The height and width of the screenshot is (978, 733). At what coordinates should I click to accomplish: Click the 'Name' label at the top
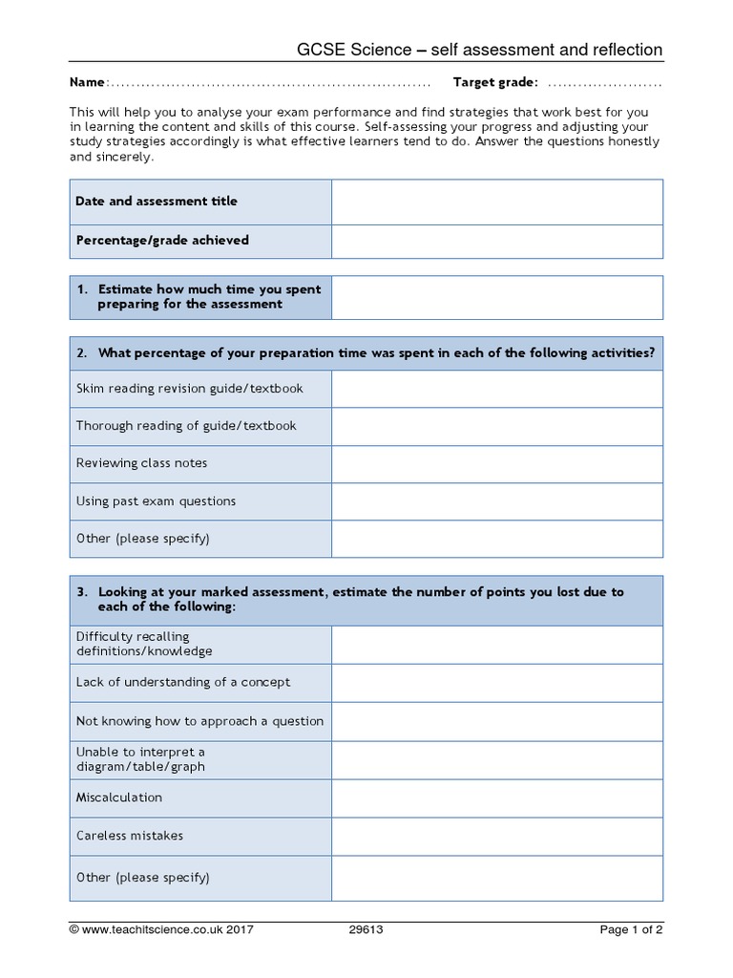pos(89,83)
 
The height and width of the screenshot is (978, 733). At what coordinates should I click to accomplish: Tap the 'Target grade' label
pos(495,83)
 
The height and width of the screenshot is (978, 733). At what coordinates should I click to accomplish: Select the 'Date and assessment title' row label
pos(157,202)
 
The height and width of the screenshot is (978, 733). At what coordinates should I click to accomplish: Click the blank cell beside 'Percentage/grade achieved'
pos(496,241)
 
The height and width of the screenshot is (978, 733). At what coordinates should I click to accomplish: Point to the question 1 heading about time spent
pos(200,296)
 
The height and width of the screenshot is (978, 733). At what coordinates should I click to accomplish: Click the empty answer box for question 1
pos(496,297)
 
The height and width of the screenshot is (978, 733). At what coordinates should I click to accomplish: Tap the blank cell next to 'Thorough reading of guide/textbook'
pos(496,426)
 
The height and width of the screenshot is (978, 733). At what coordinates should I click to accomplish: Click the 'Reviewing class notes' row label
pos(141,463)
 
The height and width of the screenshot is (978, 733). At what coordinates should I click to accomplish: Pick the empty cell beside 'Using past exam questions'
pos(496,501)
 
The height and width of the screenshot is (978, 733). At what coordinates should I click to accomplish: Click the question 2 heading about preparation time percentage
pos(366,353)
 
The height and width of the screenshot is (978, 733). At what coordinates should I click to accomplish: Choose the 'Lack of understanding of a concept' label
pos(183,683)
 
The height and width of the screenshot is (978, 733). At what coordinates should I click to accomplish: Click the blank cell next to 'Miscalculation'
pos(496,797)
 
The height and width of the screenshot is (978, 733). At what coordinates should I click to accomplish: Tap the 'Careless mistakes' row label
pos(130,836)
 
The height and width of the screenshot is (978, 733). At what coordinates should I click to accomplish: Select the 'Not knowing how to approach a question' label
pos(199,721)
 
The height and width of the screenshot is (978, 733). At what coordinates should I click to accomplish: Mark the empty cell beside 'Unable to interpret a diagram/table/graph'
pos(496,759)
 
